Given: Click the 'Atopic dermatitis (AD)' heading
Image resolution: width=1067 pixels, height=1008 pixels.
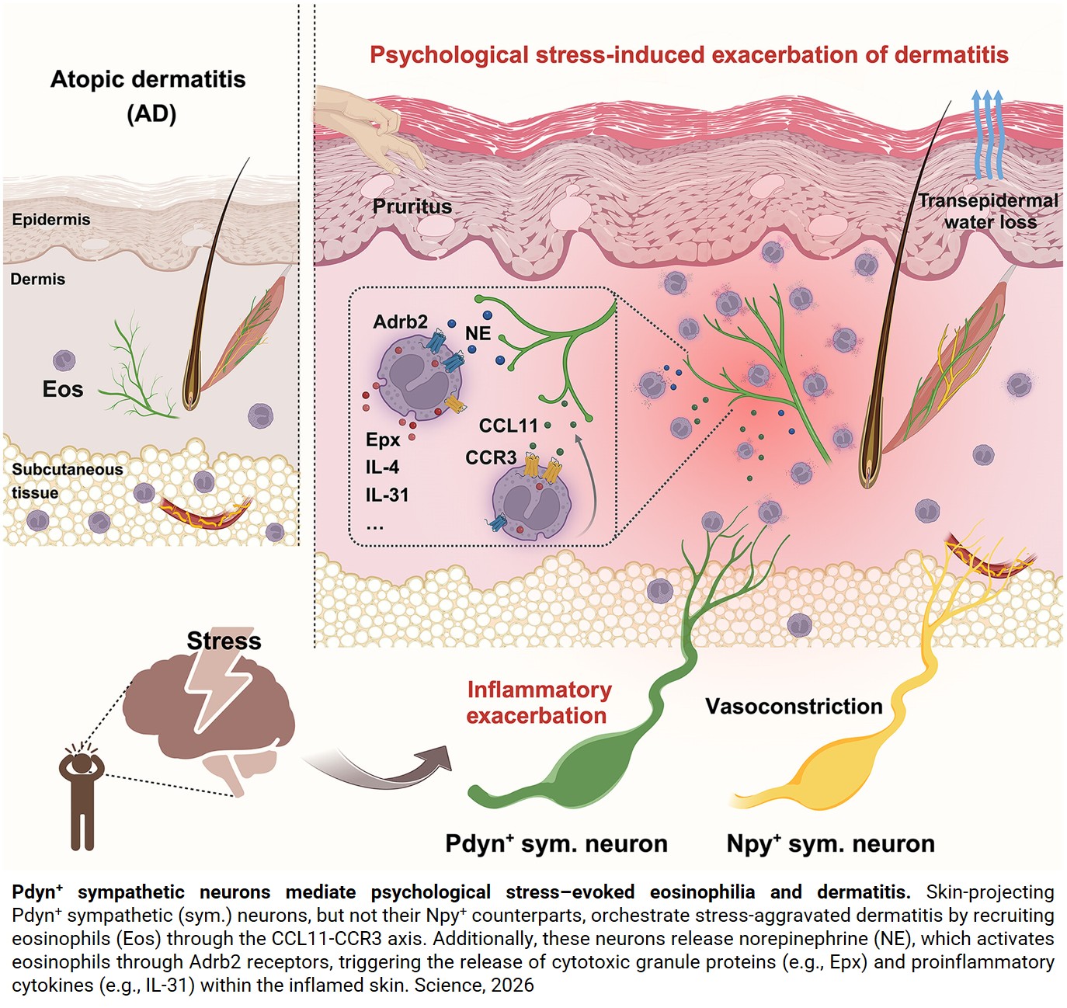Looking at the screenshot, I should (x=148, y=96).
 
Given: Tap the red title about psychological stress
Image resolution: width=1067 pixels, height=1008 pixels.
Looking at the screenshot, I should (x=688, y=55).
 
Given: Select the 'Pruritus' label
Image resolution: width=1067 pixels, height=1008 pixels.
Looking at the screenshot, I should (x=412, y=207).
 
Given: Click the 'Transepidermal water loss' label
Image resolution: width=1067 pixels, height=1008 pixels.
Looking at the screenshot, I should (x=988, y=211).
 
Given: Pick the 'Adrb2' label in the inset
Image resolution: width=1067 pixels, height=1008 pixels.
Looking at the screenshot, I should (x=400, y=322).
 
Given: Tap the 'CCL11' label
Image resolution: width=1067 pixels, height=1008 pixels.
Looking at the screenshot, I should (x=508, y=426).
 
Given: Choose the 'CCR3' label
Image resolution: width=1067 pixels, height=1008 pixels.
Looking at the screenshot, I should (x=491, y=457).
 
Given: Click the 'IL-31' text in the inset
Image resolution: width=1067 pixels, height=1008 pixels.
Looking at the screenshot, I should (x=387, y=495).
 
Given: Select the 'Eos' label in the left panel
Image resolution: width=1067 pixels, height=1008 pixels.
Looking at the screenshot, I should (x=63, y=389).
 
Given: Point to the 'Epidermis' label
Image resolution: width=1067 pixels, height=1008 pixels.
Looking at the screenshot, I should (x=51, y=220).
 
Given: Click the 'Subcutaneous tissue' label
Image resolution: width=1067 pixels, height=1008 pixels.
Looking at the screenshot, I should (x=67, y=481).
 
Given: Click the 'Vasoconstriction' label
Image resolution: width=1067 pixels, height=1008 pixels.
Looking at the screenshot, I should (x=794, y=707).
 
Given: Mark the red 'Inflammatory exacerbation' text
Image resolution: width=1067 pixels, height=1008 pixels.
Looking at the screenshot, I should (x=538, y=703).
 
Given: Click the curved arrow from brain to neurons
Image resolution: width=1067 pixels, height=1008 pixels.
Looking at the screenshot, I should (x=381, y=769).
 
